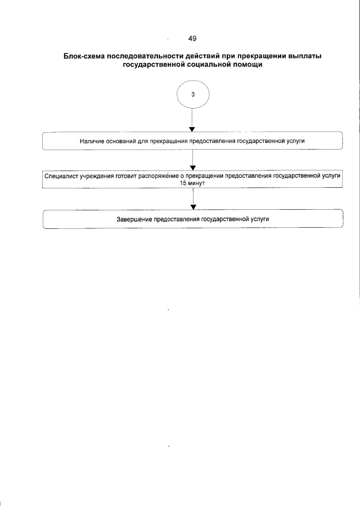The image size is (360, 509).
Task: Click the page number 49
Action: click(x=192, y=39)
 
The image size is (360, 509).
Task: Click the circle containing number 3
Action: click(x=193, y=95)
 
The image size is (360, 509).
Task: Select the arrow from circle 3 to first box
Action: click(x=193, y=120)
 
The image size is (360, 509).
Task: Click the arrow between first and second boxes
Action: click(x=193, y=160)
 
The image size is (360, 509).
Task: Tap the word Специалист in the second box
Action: click(x=62, y=176)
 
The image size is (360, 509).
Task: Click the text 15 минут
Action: click(x=193, y=183)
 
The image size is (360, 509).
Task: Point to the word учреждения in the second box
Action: click(x=99, y=176)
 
